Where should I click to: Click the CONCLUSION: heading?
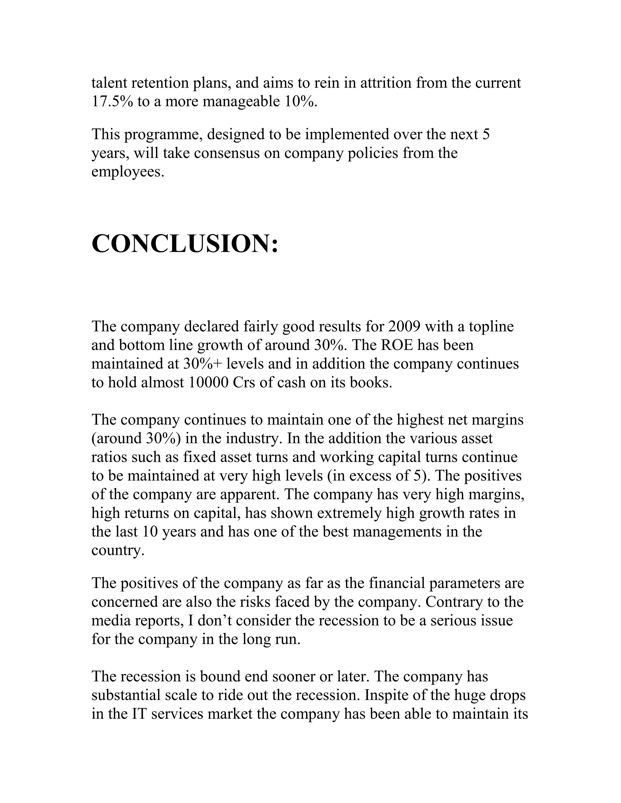(185, 244)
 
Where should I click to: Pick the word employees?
(127, 172)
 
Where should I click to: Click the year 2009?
(404, 326)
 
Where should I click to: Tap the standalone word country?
(118, 550)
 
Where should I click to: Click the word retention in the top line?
(160, 83)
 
